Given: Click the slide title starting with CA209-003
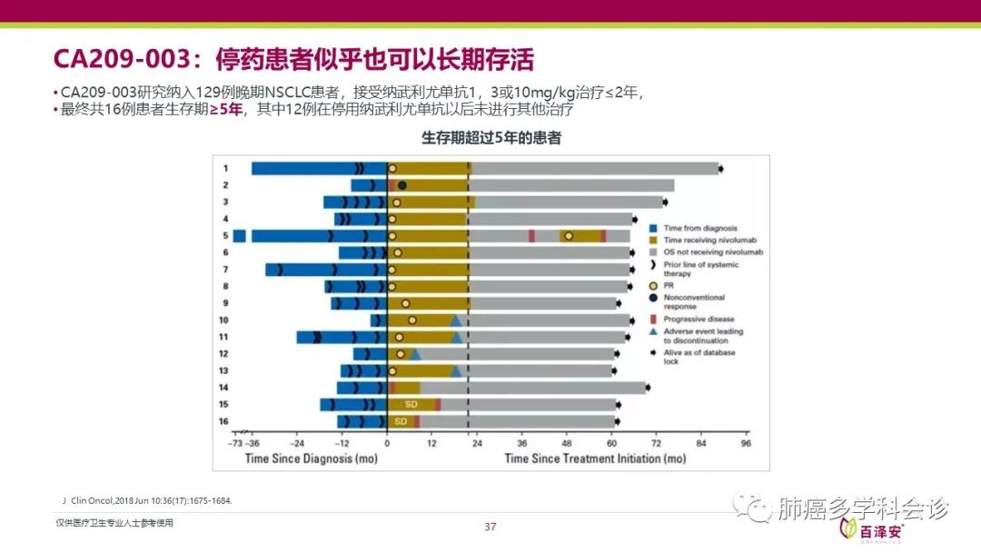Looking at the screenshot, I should [x=293, y=60].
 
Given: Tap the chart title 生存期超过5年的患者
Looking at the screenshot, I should [x=491, y=139].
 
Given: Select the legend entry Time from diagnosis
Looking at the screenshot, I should [x=700, y=228].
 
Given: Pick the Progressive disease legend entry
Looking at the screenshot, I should [x=699, y=319].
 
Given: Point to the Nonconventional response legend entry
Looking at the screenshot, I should [x=694, y=301].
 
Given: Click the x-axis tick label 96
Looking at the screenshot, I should [x=745, y=444].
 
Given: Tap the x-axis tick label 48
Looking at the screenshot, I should [x=566, y=444].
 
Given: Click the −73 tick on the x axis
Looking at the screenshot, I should [x=234, y=444].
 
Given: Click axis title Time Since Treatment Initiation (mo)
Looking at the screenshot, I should [x=595, y=458].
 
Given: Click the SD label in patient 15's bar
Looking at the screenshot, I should [x=411, y=404].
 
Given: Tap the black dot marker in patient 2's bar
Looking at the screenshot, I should [x=402, y=185].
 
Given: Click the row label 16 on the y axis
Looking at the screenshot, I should [x=223, y=421].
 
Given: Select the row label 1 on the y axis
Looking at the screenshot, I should [x=225, y=168].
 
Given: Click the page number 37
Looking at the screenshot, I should [x=490, y=527].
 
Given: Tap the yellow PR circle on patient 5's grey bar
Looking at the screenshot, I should [x=569, y=236].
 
